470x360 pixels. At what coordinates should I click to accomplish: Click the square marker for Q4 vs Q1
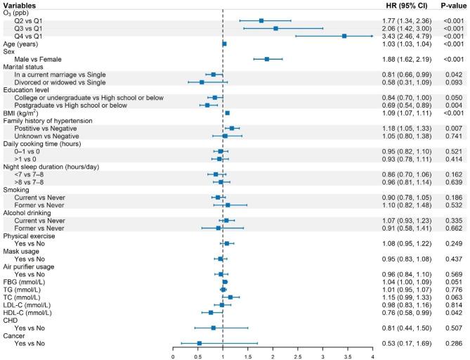(x=344, y=36)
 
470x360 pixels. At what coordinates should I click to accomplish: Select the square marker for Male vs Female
(x=267, y=59)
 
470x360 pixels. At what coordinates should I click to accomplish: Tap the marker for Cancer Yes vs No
(x=200, y=343)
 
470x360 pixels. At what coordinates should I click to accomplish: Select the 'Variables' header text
(x=19, y=5)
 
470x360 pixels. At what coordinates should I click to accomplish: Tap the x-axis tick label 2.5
(x=298, y=356)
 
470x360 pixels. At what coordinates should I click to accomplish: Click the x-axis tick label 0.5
(x=198, y=356)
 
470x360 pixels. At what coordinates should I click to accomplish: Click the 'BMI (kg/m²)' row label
(x=22, y=112)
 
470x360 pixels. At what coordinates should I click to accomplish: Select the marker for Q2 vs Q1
(x=261, y=20)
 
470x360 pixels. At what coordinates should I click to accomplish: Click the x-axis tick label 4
(x=372, y=356)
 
